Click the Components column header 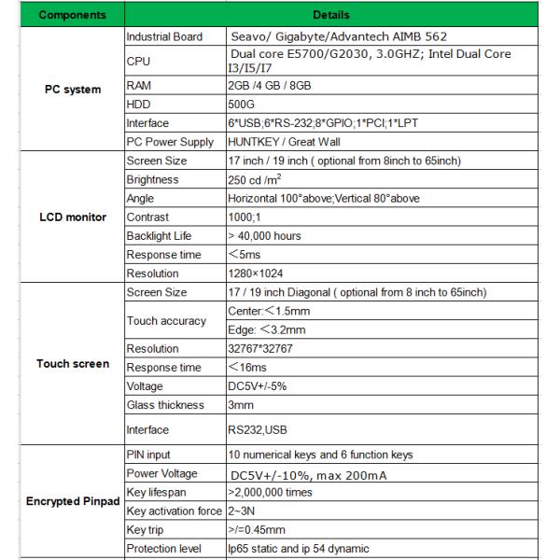coord(73,15)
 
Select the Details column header coord(332,15)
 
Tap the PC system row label coord(73,90)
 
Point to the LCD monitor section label coord(73,217)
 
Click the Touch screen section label coord(73,363)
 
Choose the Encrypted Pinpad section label coord(73,502)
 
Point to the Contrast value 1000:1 coord(246,217)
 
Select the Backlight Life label coord(160,236)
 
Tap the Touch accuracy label coord(165,321)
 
